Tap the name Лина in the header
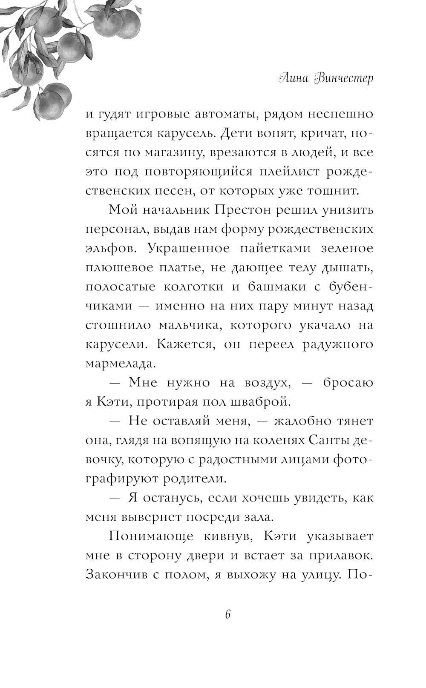[291, 79]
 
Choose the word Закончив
[113, 574]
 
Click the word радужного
[338, 344]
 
